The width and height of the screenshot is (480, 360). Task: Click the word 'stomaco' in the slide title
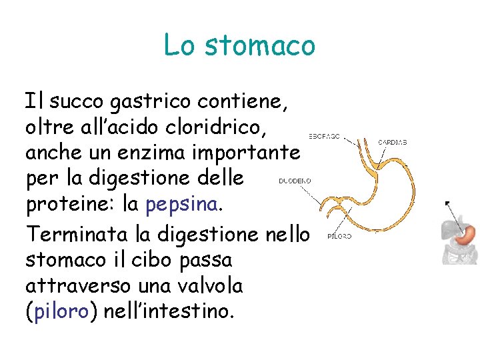click(x=260, y=45)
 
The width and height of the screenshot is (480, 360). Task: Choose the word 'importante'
click(x=249, y=153)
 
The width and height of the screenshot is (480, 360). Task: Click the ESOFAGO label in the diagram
click(x=324, y=136)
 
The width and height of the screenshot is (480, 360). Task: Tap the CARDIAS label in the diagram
click(x=392, y=142)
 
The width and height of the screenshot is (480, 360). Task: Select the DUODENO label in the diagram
click(x=294, y=180)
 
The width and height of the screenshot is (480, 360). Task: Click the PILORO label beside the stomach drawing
click(x=339, y=235)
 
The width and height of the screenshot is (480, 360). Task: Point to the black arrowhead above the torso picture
click(x=447, y=203)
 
